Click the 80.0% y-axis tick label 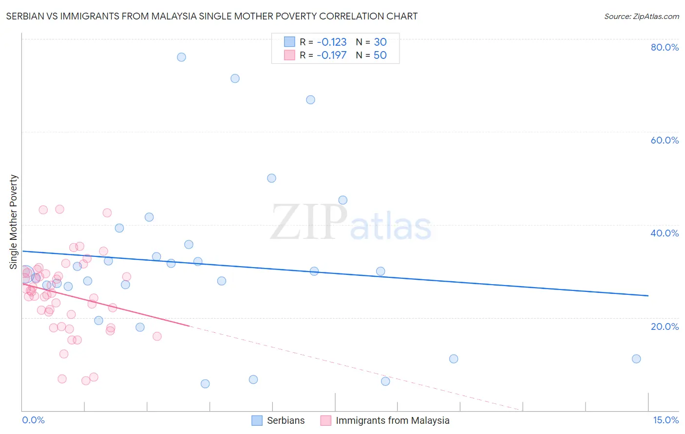(665, 47)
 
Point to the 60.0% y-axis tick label (665, 140)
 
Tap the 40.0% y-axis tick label (665, 233)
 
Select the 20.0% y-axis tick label (665, 326)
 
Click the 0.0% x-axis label (33, 420)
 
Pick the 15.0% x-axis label (666, 420)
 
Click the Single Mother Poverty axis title (14, 222)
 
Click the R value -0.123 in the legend (331, 42)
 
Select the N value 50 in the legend (380, 55)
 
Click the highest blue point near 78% (181, 57)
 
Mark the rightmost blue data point (636, 359)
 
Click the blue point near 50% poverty (271, 178)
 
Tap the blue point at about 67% (310, 100)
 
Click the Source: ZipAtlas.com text (641, 16)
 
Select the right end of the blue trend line (648, 295)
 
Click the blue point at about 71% (235, 78)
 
